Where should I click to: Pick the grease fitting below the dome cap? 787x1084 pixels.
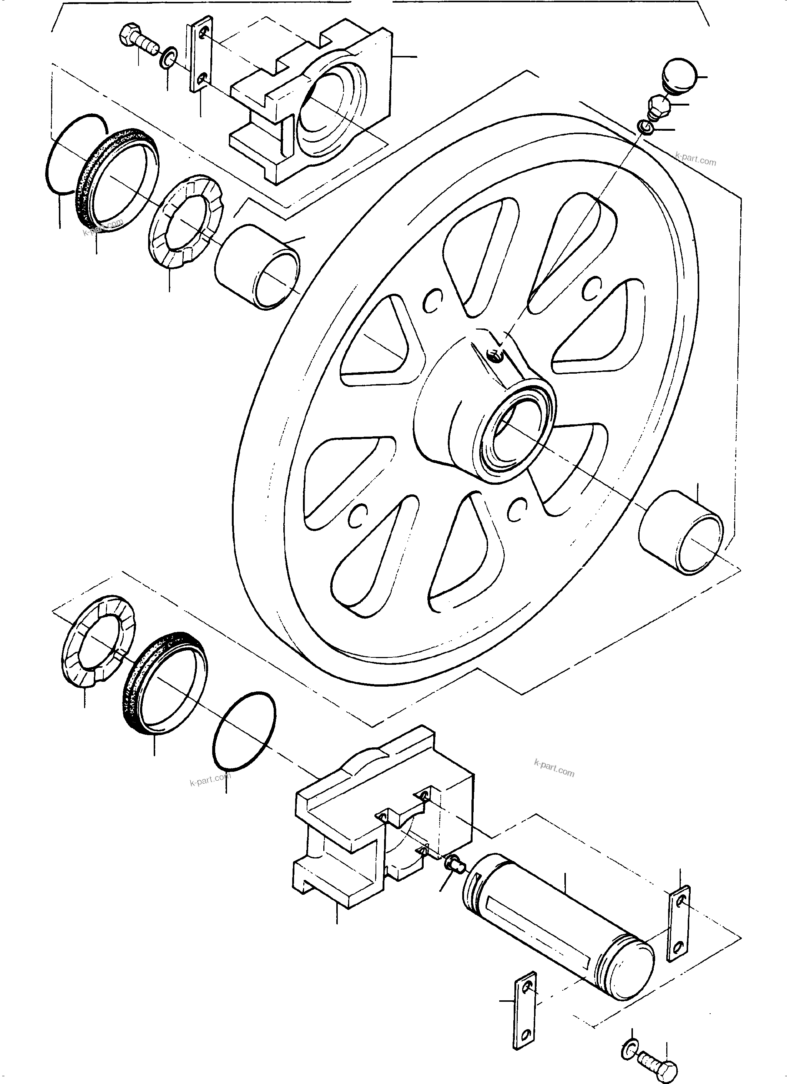660,106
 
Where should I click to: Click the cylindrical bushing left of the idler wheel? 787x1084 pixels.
258,268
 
